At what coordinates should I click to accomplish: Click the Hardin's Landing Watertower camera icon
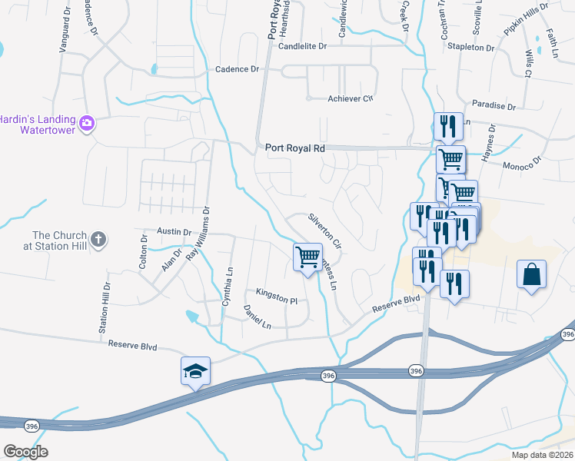click(87, 122)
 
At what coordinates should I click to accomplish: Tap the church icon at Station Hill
click(98, 240)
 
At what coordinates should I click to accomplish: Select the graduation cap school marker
click(195, 371)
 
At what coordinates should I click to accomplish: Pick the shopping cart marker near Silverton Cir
click(307, 256)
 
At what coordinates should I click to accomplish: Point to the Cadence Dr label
click(238, 69)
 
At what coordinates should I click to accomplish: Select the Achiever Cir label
click(350, 98)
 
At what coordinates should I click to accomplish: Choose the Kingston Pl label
click(277, 296)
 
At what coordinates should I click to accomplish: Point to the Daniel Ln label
click(257, 317)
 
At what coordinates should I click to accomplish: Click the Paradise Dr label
click(492, 105)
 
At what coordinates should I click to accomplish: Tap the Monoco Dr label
click(522, 164)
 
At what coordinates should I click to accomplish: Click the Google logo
click(25, 452)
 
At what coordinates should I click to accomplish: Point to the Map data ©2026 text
click(543, 455)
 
